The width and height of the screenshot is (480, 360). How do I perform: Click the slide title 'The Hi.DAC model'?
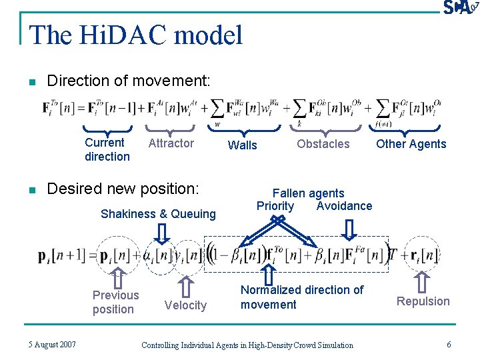point(137,35)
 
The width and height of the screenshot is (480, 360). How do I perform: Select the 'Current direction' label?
point(107,149)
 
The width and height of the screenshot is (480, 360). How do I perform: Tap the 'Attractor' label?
point(171,143)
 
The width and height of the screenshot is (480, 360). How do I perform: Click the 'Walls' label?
point(242,145)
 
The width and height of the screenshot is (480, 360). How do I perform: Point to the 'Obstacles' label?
point(323,143)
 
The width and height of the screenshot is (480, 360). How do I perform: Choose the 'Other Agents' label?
point(411,143)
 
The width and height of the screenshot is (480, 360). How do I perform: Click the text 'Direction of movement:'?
point(128,81)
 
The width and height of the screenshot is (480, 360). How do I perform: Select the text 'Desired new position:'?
point(123,189)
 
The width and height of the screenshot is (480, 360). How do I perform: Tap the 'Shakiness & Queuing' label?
point(158,213)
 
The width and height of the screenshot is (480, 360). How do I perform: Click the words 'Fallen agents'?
point(308,193)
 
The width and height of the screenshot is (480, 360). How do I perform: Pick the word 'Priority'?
point(275,206)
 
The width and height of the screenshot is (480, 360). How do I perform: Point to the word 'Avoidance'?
point(344,206)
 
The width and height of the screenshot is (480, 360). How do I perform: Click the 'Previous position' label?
point(115,302)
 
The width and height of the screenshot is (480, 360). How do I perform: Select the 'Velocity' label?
point(185,305)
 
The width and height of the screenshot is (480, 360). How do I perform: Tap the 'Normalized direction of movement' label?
point(301,297)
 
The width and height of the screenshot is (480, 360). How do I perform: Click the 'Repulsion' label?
point(423,301)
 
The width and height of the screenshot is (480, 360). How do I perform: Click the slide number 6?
point(449,344)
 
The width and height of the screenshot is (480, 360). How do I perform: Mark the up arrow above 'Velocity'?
point(187,285)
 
